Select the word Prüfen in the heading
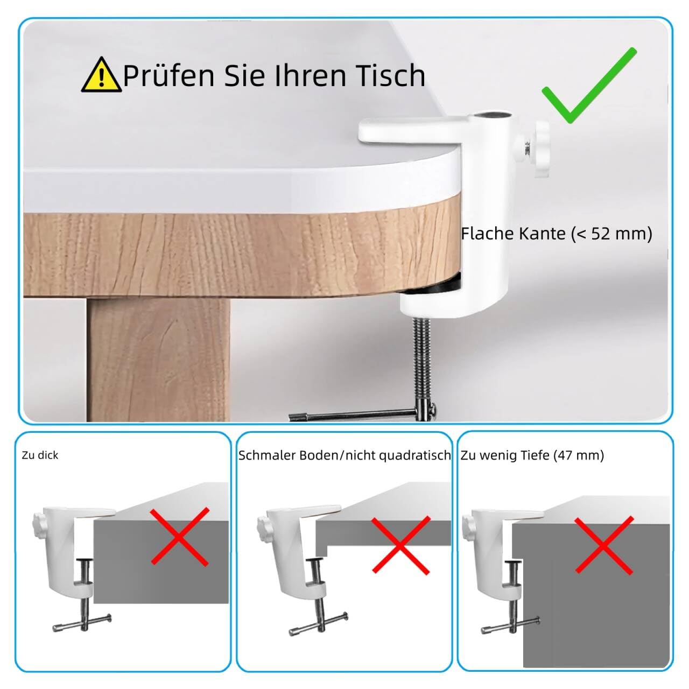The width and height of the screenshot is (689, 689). tap(168, 75)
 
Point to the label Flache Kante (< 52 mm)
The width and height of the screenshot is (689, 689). tap(557, 234)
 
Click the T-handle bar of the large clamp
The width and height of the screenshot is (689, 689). tap(361, 415)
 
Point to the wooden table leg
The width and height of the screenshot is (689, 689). tap(157, 360)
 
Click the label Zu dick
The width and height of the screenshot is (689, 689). tap(40, 455)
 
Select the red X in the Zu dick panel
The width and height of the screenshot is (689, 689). tap(179, 536)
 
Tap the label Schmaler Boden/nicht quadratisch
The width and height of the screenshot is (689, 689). tap(344, 455)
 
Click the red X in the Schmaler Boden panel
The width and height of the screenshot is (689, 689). tap(400, 545)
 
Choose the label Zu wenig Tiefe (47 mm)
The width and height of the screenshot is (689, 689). tap(532, 455)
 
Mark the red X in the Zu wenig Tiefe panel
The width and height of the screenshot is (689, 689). tap(603, 545)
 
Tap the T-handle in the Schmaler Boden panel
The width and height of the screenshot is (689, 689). tap(318, 623)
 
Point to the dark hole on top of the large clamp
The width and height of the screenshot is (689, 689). tap(493, 115)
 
